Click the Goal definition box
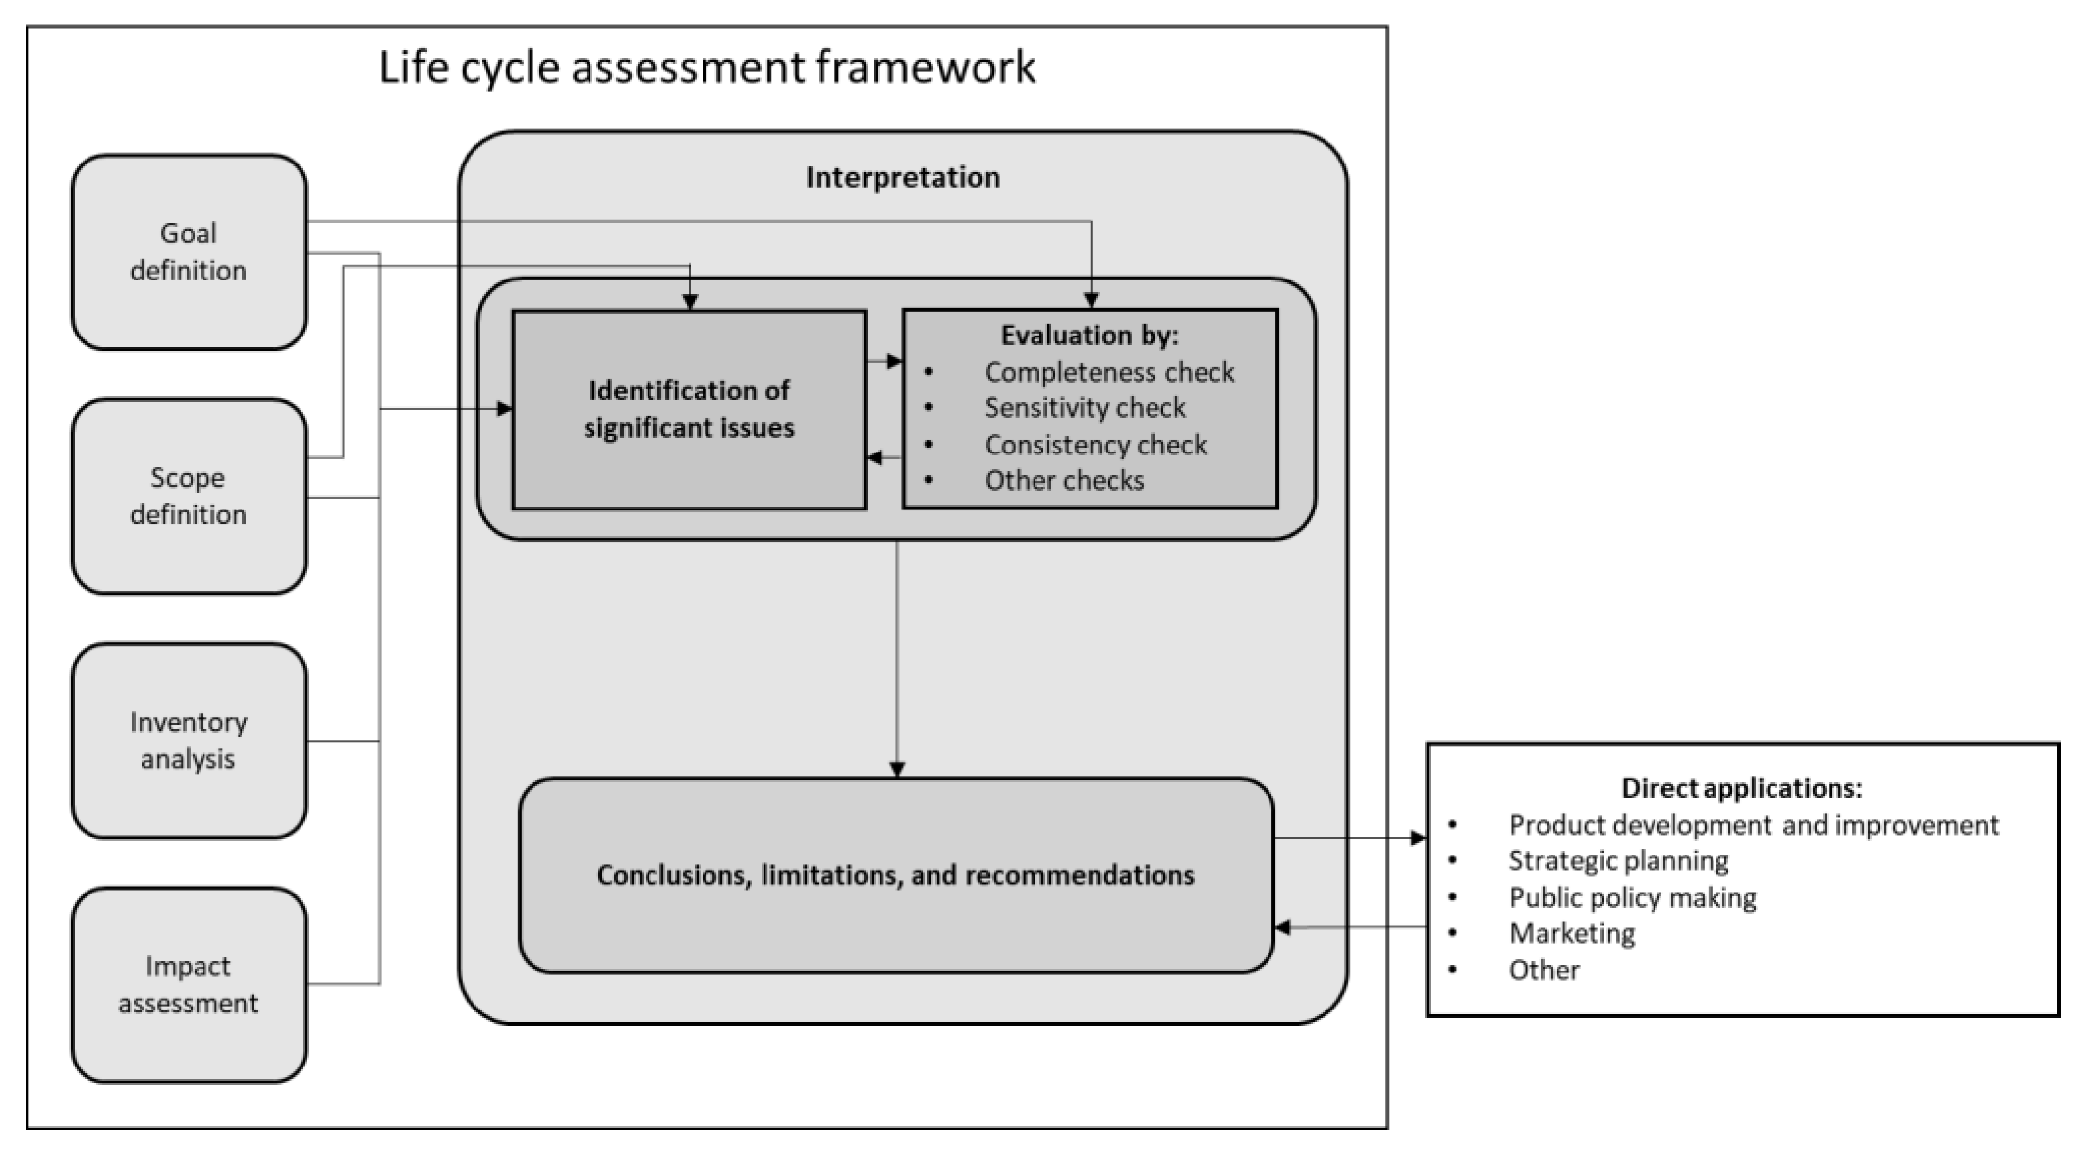click(188, 252)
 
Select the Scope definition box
click(188, 496)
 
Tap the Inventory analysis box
click(188, 740)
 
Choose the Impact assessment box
click(188, 984)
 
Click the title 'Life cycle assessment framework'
click(706, 67)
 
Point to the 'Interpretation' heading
click(902, 178)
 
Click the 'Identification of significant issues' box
click(689, 409)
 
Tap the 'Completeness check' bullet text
click(1109, 372)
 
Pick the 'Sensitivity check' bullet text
click(1085, 408)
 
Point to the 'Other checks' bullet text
click(1064, 480)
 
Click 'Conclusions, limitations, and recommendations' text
click(896, 875)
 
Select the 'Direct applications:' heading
click(1741, 788)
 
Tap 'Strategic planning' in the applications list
click(1618, 860)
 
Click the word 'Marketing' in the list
click(1572, 933)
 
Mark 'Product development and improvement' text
click(1753, 824)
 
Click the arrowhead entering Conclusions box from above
click(897, 769)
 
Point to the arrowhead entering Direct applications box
click(1418, 837)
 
